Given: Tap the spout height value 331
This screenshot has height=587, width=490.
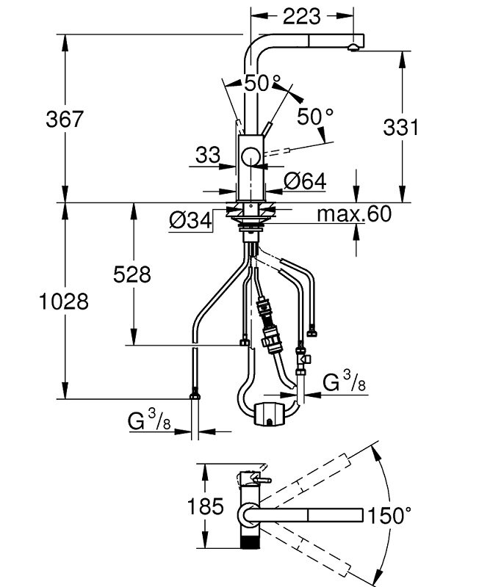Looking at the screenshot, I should (400, 127).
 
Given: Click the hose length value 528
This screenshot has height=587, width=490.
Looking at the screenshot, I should (132, 274).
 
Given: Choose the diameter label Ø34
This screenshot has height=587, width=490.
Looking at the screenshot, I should (190, 219).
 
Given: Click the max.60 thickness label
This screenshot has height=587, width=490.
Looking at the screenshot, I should (353, 214).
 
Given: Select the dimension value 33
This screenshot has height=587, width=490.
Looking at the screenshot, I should (208, 155).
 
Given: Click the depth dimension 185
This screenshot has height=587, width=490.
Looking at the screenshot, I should (206, 506).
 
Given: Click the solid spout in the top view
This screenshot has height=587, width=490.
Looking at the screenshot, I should (316, 514).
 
